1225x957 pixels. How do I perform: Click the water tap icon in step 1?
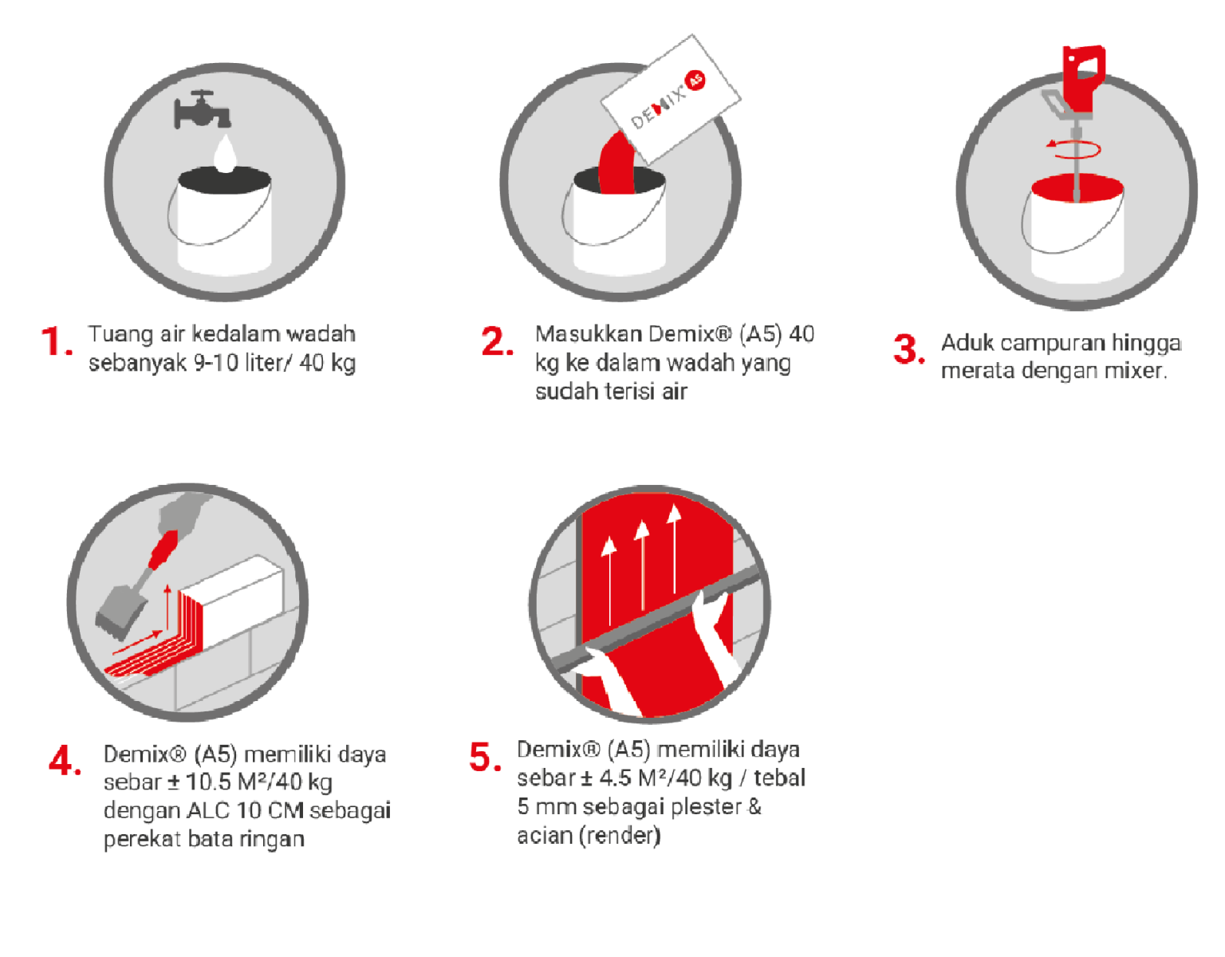click(x=202, y=109)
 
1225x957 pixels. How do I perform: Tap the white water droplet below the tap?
click(x=226, y=153)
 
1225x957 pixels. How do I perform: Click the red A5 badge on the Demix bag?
click(x=695, y=81)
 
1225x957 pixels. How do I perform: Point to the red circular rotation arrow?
click(x=1073, y=149)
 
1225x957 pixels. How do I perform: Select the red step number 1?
click(x=57, y=341)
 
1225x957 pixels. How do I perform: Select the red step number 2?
click(x=497, y=341)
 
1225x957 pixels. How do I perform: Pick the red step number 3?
click(x=908, y=349)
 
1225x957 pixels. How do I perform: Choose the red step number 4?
click(x=65, y=760)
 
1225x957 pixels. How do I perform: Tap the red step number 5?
click(x=485, y=756)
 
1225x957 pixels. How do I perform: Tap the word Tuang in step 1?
click(x=120, y=335)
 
